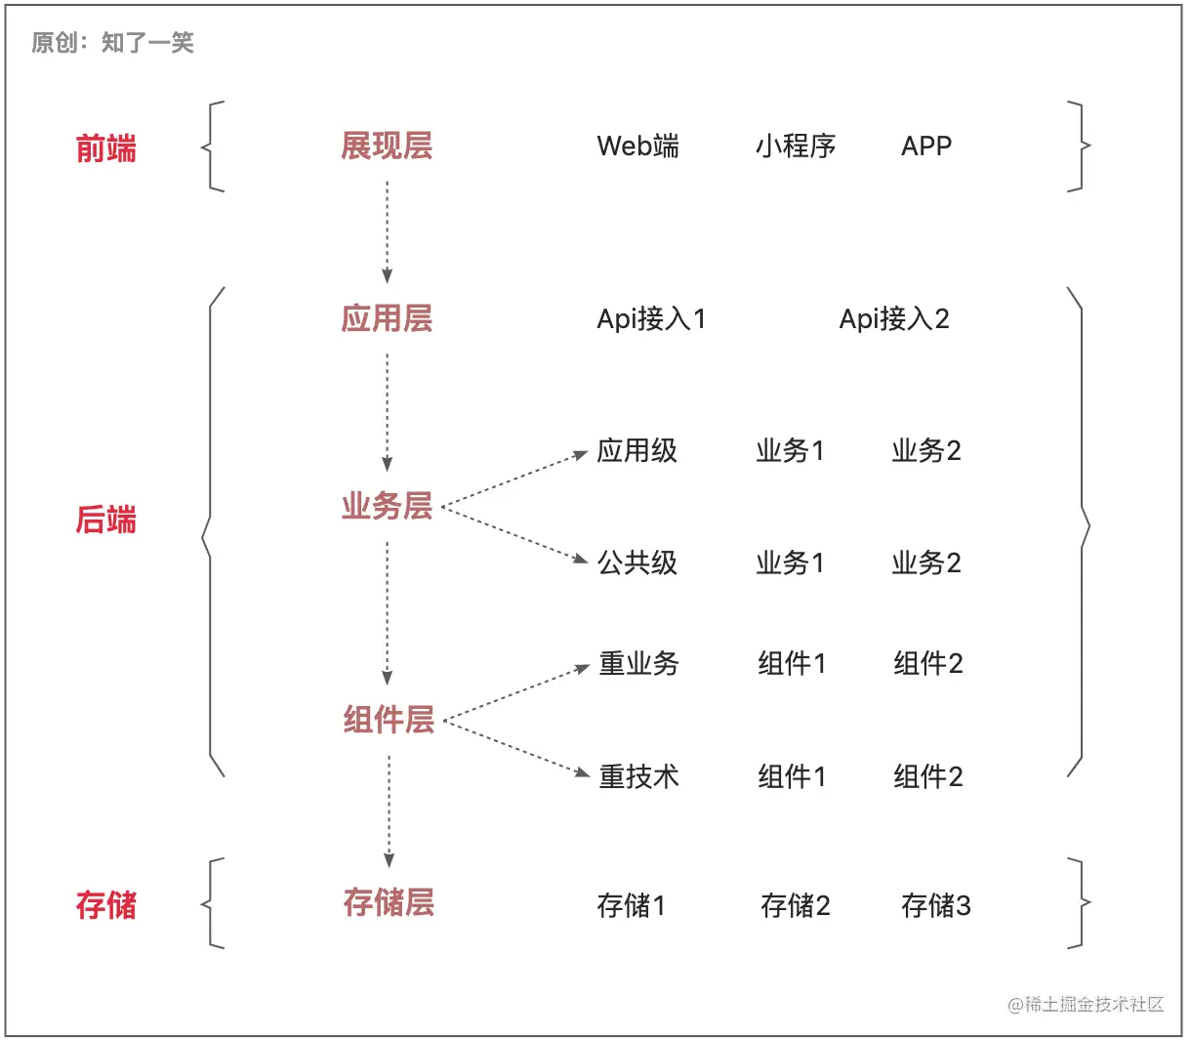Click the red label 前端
(106, 148)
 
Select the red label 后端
(106, 520)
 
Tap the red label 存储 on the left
(106, 904)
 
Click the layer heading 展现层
(387, 146)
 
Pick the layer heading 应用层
(387, 318)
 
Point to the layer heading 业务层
(387, 506)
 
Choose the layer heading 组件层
(389, 720)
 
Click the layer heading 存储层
(389, 902)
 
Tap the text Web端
(637, 146)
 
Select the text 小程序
(796, 146)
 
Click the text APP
(926, 146)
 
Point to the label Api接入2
(894, 319)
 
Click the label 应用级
(637, 451)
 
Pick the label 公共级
(637, 563)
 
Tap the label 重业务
(639, 664)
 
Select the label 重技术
(639, 777)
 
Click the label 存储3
(936, 906)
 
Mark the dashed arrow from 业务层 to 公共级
(513, 534)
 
